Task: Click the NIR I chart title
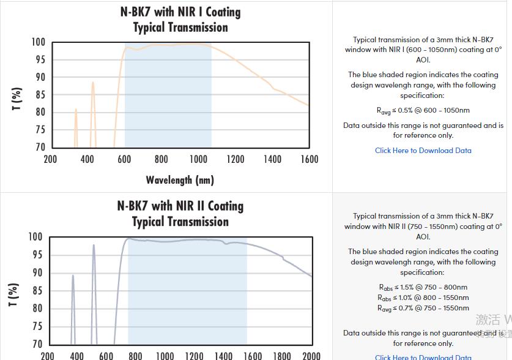pyautogui.click(x=180, y=20)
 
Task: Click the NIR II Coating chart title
pyautogui.click(x=180, y=214)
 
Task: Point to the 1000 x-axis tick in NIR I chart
pyautogui.click(x=198, y=159)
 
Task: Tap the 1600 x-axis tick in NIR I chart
pyautogui.click(x=310, y=159)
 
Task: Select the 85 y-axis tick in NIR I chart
pyautogui.click(x=39, y=95)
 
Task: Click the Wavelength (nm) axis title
pyautogui.click(x=180, y=180)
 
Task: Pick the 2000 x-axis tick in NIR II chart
pyautogui.click(x=311, y=356)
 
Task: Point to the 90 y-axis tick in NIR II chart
pyautogui.click(x=36, y=273)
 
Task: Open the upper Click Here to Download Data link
pyautogui.click(x=423, y=151)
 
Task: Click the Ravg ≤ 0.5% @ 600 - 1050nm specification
pyautogui.click(x=423, y=111)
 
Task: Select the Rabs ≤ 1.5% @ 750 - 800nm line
pyautogui.click(x=423, y=287)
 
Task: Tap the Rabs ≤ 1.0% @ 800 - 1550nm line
pyautogui.click(x=423, y=298)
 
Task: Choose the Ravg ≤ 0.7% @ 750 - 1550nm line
pyautogui.click(x=423, y=308)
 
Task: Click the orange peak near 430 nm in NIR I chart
pyautogui.click(x=93, y=83)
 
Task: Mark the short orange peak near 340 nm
pyautogui.click(x=76, y=111)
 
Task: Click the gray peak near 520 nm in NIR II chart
pyautogui.click(x=94, y=246)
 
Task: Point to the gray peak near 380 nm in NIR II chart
pyautogui.click(x=73, y=277)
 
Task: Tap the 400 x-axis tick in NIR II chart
pyautogui.click(x=76, y=356)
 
